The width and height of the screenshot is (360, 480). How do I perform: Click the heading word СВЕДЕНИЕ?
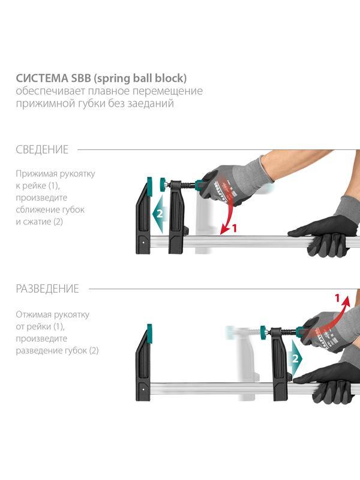[42, 149]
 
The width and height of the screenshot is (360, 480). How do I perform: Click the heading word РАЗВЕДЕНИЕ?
[47, 289]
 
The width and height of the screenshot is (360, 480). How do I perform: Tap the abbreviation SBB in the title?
[81, 79]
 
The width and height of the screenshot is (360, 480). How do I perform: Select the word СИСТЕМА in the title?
[42, 79]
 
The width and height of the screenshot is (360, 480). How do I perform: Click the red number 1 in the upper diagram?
[235, 228]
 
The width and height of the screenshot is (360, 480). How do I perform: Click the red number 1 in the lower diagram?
[337, 298]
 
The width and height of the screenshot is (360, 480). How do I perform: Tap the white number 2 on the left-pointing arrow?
[160, 214]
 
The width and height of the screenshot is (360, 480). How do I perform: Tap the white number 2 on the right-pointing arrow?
[295, 358]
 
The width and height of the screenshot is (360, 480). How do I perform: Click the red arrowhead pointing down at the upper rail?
[225, 230]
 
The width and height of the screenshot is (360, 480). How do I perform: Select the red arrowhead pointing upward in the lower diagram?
[346, 301]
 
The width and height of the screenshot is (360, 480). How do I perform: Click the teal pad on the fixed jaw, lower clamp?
[149, 331]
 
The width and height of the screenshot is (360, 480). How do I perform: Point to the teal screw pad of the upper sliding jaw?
[162, 184]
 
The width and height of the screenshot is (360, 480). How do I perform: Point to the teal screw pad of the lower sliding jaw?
[263, 332]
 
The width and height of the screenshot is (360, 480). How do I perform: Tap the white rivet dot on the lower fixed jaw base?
[143, 389]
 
